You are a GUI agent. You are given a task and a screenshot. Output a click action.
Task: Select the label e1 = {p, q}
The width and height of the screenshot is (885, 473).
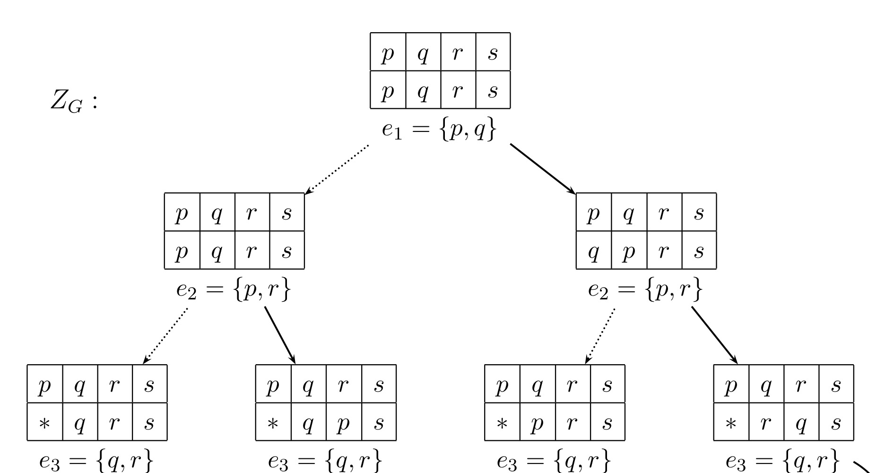[x=440, y=129]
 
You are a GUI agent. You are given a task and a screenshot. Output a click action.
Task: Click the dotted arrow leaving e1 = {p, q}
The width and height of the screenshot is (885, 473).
[x=337, y=169]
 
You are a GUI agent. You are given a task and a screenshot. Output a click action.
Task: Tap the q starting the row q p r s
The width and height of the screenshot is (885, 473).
[x=593, y=251]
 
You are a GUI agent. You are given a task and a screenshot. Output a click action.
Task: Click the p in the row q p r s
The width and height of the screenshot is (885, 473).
[x=628, y=251]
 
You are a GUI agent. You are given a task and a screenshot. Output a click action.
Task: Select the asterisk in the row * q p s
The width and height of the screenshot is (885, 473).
[x=273, y=422]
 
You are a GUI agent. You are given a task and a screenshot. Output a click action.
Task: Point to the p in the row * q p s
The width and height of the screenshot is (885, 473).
[x=343, y=422]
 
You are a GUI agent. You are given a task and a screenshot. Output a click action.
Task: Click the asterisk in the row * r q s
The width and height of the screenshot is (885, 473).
[x=731, y=422]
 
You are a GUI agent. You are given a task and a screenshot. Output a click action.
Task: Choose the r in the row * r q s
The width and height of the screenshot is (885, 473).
[x=766, y=422]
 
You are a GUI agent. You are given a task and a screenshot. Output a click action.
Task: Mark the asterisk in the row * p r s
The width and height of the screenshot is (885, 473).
[x=502, y=422]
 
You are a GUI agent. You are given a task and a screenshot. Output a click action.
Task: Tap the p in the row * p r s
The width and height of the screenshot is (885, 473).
[x=537, y=422]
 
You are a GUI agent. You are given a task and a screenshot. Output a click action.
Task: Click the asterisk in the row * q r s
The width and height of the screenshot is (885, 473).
[x=44, y=422]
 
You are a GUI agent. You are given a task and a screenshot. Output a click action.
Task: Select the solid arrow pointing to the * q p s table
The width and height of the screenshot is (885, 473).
[x=280, y=335]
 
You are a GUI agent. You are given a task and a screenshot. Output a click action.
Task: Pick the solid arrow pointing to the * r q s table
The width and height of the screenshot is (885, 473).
[x=714, y=335]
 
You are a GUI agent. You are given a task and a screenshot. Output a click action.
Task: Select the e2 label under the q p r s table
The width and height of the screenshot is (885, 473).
[x=645, y=290]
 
